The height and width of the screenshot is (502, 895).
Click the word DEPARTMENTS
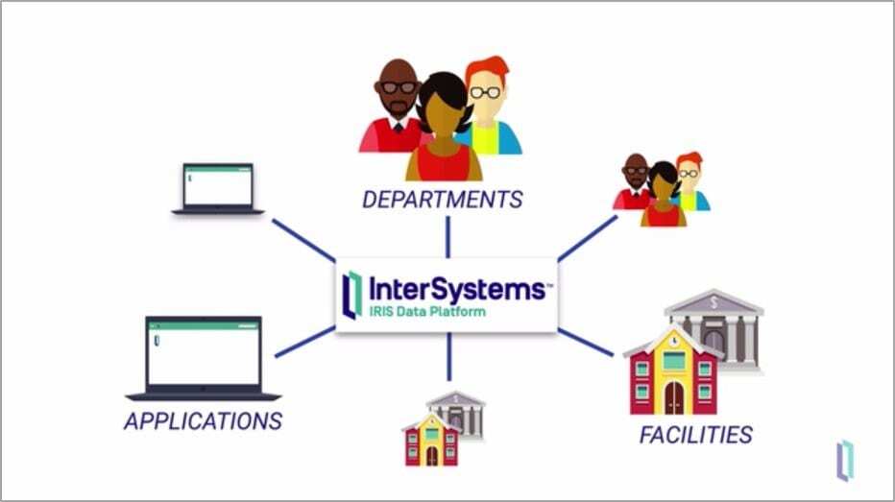pyautogui.click(x=443, y=200)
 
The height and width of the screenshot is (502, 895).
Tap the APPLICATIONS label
pyautogui.click(x=203, y=420)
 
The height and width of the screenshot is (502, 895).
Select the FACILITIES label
pyautogui.click(x=695, y=434)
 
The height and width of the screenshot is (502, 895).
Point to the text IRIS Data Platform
pyautogui.click(x=427, y=312)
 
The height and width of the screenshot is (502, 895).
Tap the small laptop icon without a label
pyautogui.click(x=218, y=188)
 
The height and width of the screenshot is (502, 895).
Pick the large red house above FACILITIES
pyautogui.click(x=673, y=370)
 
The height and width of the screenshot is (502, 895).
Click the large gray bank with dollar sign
pyautogui.click(x=716, y=326)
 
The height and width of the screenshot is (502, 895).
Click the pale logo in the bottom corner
pyautogui.click(x=845, y=458)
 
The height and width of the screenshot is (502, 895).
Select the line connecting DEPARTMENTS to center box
pyautogui.click(x=447, y=236)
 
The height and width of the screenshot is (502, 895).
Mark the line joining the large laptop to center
pyautogui.click(x=304, y=342)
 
